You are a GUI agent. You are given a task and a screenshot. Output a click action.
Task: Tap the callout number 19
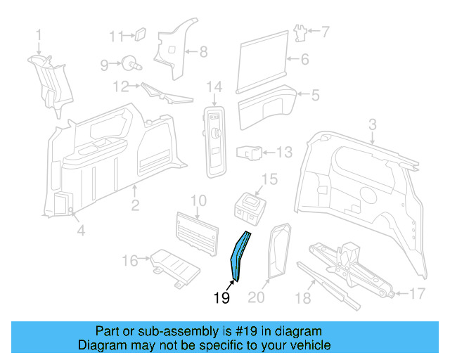coord(221,298)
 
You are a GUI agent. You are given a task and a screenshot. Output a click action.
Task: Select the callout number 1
coord(39,33)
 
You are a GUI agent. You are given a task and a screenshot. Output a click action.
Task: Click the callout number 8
coord(203,51)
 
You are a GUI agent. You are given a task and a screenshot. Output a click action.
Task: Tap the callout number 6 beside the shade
coord(304,60)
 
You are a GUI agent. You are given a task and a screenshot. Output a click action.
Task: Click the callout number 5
coord(315,94)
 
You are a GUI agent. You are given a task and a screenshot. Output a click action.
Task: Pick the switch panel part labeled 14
coord(214,138)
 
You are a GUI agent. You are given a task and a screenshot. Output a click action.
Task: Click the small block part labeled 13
coord(250,152)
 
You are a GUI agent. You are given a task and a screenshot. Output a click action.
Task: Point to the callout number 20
coord(257,298)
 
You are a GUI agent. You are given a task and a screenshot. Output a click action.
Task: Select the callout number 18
coord(302,298)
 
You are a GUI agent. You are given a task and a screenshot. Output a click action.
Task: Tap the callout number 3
coord(373,124)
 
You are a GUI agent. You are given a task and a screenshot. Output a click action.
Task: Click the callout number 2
coord(135,205)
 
